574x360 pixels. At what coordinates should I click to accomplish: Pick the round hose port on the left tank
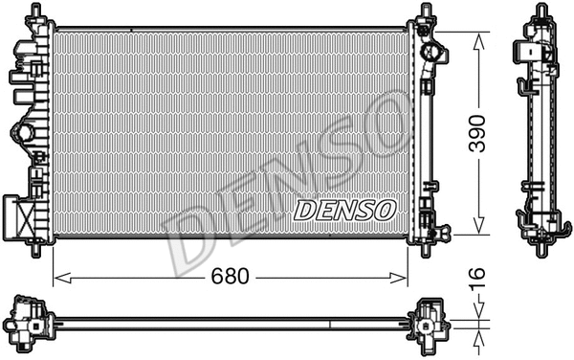(x=21, y=133)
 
